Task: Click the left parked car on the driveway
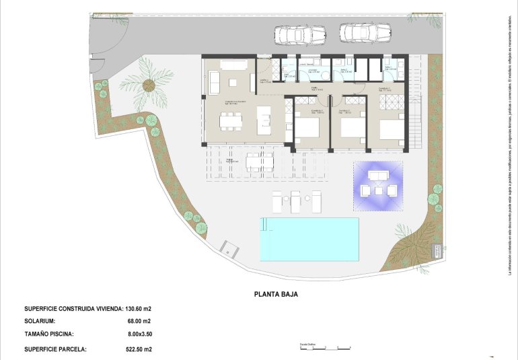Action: pos(299,33)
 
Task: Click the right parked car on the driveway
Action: pos(365,32)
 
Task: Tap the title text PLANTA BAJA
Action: pos(276,294)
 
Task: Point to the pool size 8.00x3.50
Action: pos(140,334)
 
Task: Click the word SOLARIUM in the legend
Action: pos(41,321)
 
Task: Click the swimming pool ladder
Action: pos(264,223)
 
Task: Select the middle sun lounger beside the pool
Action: pos(297,201)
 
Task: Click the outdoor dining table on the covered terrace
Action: pos(259,161)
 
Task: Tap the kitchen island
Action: pos(264,122)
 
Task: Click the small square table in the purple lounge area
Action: pos(378,190)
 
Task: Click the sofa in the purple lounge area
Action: pos(377,175)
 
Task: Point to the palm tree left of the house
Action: pos(149,84)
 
